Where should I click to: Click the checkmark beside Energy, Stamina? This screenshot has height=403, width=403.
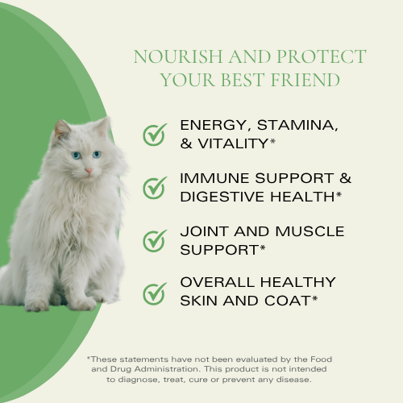pos(154,135)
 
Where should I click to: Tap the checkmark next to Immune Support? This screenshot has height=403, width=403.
pos(154,188)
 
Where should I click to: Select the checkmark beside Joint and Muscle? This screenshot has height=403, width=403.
pos(154,240)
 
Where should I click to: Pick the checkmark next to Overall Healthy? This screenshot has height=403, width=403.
pos(154,293)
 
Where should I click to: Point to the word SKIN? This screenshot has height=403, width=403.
pos(198,301)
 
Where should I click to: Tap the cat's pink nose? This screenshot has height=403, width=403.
pos(89,169)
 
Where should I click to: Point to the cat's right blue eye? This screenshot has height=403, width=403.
pos(98,154)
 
